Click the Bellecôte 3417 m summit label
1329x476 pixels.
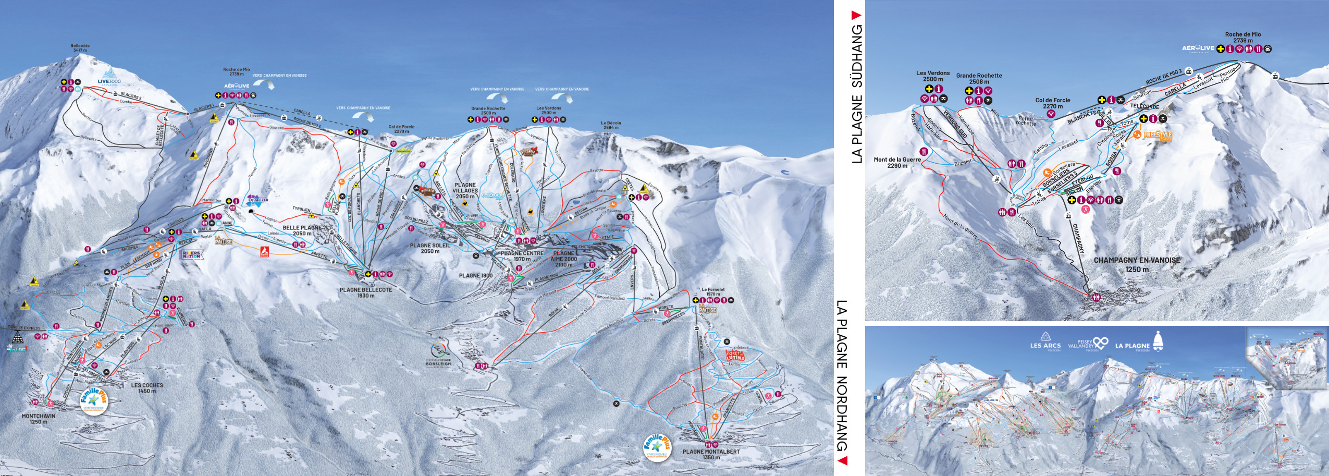pos(80,48)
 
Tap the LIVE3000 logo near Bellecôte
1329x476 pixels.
pos(109,76)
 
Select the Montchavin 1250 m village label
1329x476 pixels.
pos(38,419)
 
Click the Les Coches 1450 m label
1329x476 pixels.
pos(147,388)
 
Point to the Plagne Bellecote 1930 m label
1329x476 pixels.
pos(366,292)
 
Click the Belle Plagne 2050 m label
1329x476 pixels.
pos(302,230)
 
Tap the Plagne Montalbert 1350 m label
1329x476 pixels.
pos(711,454)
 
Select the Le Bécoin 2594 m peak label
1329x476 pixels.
pos(611,125)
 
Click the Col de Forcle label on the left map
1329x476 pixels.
pos(401,129)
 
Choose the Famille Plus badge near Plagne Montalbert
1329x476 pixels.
pos(656,447)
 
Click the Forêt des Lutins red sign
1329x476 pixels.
pos(735,356)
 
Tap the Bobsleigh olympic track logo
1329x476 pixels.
pos(438,356)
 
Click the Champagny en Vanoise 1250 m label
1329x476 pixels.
pos(1137,264)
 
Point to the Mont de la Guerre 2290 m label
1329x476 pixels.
pos(897,163)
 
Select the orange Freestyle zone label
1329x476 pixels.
pos(1158,136)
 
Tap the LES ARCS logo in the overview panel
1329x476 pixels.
pos(1045,342)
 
